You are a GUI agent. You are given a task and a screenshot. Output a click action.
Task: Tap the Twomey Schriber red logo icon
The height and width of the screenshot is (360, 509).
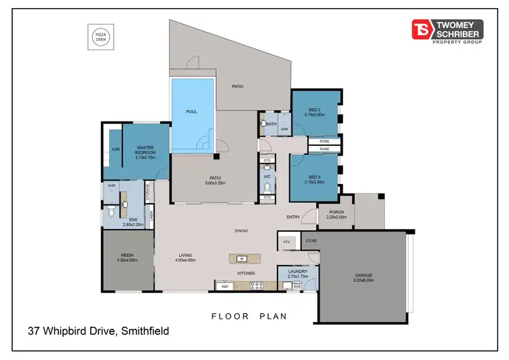pyautogui.click(x=421, y=29)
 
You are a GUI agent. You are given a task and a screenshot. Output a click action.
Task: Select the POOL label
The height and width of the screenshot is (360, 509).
pyautogui.click(x=191, y=112)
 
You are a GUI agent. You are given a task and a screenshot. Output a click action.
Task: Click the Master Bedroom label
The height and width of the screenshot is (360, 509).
pyautogui.click(x=146, y=150)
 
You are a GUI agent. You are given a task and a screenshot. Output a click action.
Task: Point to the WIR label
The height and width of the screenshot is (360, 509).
pyautogui.click(x=115, y=149)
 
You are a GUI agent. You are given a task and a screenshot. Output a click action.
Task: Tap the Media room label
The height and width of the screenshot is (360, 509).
pyautogui.click(x=128, y=257)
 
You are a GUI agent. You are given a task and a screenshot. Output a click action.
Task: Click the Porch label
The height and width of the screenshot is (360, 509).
pyautogui.click(x=335, y=214)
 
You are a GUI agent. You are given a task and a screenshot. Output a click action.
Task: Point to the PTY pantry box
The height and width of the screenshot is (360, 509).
pyautogui.click(x=286, y=241)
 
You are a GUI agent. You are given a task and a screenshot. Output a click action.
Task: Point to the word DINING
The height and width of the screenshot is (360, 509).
pyautogui.click(x=240, y=231)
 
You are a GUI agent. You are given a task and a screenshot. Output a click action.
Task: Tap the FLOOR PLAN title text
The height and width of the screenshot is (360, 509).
pyautogui.click(x=249, y=316)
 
